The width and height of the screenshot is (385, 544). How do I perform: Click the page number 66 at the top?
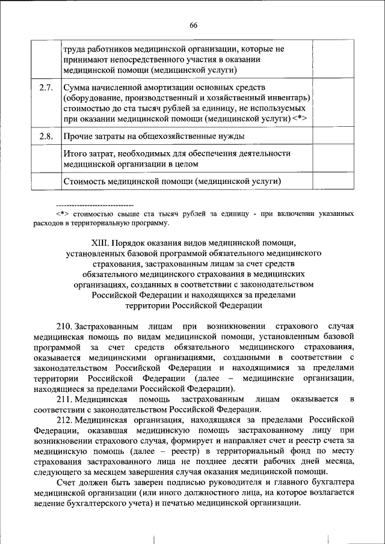click(193, 25)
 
